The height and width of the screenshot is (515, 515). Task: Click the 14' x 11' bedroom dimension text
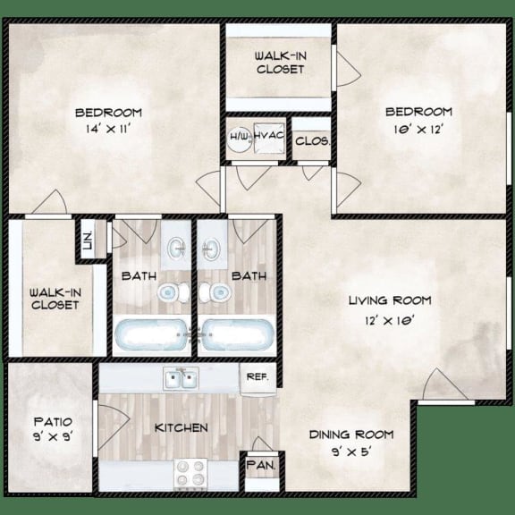(108, 129)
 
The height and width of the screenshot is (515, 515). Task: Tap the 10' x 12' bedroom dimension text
(418, 129)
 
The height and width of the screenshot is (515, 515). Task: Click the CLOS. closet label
(313, 140)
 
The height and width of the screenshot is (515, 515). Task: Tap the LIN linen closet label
(89, 240)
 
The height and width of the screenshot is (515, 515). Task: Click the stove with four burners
(190, 471)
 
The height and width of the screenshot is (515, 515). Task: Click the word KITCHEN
(182, 428)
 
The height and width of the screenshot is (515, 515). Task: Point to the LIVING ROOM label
(391, 300)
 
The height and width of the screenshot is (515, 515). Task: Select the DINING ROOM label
(351, 435)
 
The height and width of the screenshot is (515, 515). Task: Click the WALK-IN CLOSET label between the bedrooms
(281, 62)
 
